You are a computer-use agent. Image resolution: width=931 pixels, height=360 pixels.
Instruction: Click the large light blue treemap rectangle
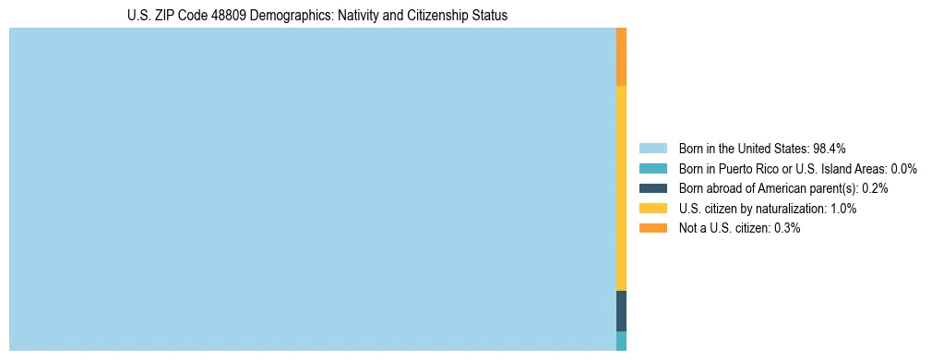point(312,189)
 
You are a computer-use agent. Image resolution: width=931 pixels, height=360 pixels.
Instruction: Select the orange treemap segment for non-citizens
point(621,56)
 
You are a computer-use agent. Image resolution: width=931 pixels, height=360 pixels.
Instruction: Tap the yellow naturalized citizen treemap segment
point(621,187)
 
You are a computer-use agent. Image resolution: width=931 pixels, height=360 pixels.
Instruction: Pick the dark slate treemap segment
point(621,310)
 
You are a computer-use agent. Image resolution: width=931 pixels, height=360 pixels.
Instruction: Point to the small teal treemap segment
point(621,341)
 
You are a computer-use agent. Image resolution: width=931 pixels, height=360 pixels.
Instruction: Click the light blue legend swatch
point(652,148)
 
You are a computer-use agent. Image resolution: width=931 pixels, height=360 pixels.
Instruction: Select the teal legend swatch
point(652,168)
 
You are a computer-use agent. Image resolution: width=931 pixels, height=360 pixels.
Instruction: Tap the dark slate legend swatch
point(652,188)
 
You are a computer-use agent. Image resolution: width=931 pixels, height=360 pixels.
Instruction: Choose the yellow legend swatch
point(652,209)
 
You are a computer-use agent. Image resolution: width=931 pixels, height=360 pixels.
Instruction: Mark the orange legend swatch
point(652,228)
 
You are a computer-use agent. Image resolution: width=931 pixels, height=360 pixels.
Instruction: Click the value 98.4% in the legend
point(830,148)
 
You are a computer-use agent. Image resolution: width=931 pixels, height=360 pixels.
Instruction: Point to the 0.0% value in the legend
point(903,168)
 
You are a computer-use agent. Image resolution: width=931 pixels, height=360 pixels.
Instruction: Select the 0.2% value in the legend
point(875,188)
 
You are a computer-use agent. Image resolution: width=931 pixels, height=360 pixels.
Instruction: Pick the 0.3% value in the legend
point(785,228)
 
